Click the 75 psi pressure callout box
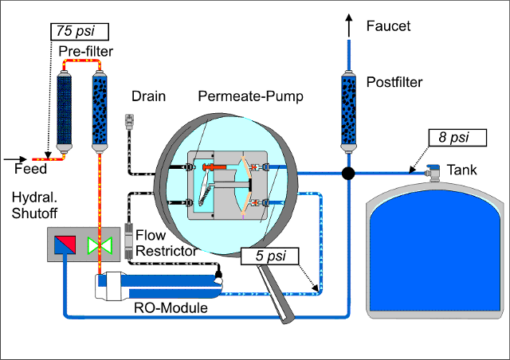click(79, 32)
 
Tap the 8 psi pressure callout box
click(457, 137)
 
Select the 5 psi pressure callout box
click(269, 256)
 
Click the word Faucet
click(388, 26)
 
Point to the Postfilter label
click(395, 82)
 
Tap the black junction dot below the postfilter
click(348, 172)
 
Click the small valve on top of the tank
click(434, 170)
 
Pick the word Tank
click(462, 170)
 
